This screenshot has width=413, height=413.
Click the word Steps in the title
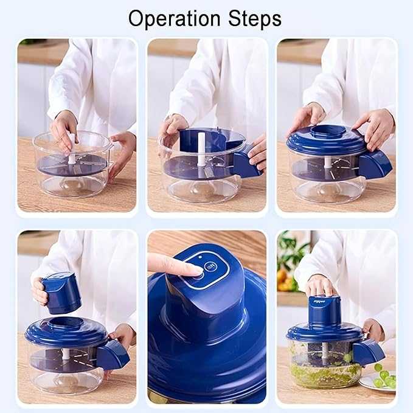click(x=252, y=19)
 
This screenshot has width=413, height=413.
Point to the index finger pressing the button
click(x=173, y=265)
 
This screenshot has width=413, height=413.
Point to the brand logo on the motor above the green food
click(x=319, y=301)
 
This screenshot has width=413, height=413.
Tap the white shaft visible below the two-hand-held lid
click(x=328, y=163)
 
